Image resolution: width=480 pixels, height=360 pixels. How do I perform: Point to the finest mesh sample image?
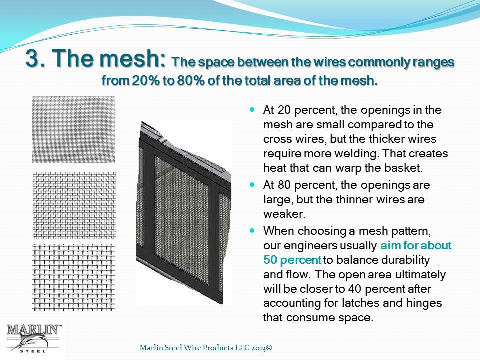73,130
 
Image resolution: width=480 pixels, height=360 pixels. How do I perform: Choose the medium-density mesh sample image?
74,205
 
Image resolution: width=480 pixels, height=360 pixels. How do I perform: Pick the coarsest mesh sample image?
73,277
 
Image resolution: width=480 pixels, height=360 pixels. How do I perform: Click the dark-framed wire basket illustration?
183,213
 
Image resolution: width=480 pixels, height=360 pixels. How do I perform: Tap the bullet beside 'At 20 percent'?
252,109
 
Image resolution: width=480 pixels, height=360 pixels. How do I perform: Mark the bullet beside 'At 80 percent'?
252,185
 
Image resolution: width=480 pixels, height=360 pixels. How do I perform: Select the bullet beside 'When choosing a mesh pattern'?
252,230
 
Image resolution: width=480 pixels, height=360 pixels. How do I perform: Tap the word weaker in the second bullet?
284,214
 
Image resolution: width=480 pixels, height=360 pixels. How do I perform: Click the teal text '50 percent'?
292,260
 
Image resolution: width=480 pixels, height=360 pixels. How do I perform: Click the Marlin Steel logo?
33,338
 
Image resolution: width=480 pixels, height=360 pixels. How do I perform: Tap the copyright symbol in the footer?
269,348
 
